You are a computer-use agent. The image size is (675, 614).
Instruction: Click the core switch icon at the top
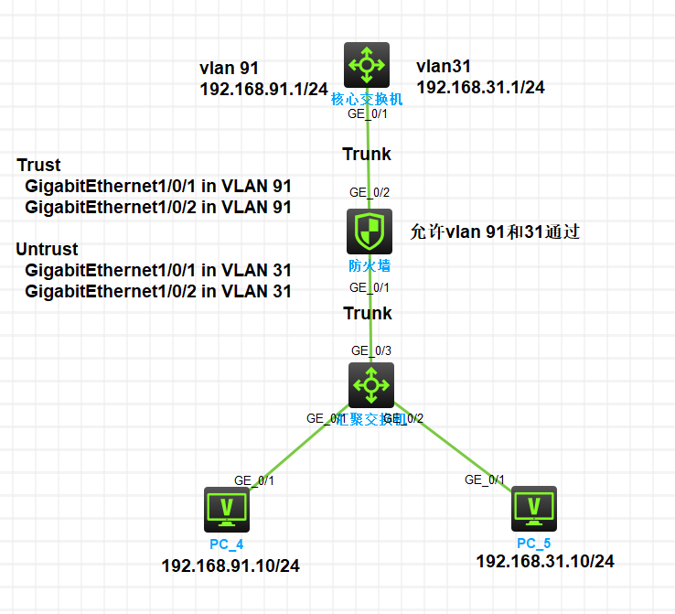click(367, 65)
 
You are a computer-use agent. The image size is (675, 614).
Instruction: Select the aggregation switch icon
click(371, 385)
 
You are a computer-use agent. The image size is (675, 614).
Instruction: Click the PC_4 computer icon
click(226, 510)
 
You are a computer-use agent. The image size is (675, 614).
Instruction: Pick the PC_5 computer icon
click(533, 509)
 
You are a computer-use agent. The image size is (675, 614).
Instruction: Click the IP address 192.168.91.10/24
click(230, 566)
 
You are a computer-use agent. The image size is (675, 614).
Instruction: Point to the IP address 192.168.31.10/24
click(545, 561)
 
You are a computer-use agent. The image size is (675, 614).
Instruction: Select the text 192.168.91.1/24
click(263, 89)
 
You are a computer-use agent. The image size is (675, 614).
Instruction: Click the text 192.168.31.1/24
click(481, 87)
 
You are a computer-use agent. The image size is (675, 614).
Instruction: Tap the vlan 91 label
click(230, 68)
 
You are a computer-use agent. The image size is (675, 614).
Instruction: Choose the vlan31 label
click(444, 66)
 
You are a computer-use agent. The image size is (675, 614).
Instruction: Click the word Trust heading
click(39, 166)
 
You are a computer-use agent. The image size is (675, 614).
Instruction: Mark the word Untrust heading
click(48, 249)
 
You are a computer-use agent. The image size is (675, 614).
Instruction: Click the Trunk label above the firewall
click(367, 154)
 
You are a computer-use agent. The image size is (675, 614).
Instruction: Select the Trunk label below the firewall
click(368, 313)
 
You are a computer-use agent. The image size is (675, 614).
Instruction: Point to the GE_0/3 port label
click(370, 350)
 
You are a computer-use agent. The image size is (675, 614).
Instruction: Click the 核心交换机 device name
click(367, 99)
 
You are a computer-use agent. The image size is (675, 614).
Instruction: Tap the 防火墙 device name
click(368, 266)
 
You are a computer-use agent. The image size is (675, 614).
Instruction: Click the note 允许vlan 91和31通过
click(496, 232)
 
